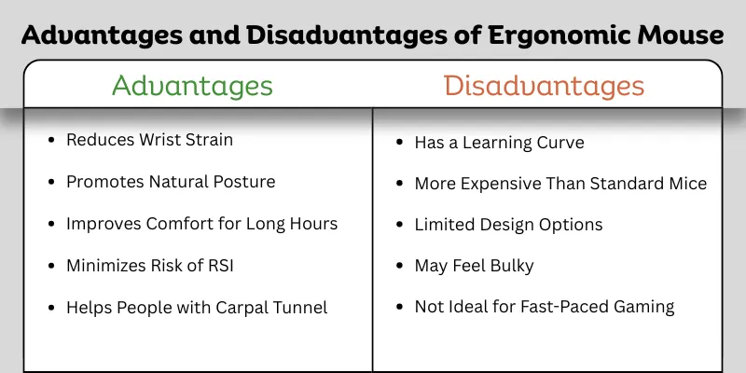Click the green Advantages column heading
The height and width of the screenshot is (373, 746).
[192, 86]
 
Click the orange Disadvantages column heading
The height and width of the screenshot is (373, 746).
[544, 86]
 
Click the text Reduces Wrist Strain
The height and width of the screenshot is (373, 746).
[149, 140]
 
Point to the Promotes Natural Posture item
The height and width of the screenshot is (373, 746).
[171, 182]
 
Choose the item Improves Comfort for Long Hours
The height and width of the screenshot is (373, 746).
[201, 224]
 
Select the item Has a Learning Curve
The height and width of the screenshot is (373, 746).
[499, 142]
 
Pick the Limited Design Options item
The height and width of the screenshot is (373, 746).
[508, 225]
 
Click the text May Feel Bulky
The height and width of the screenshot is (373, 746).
[474, 266]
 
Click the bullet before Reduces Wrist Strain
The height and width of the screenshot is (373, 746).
[50, 141]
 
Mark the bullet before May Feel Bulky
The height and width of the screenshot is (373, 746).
[398, 267]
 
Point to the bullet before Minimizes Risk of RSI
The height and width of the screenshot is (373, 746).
[50, 267]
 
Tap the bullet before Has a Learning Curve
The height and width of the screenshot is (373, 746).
[398, 143]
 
